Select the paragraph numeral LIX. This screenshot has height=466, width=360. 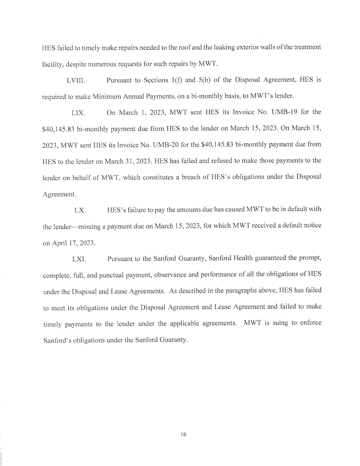tap(78, 113)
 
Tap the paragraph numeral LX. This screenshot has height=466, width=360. tap(80, 211)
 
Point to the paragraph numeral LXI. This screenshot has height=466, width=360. tap(79, 259)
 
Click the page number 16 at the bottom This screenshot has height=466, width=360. tap(183, 434)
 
